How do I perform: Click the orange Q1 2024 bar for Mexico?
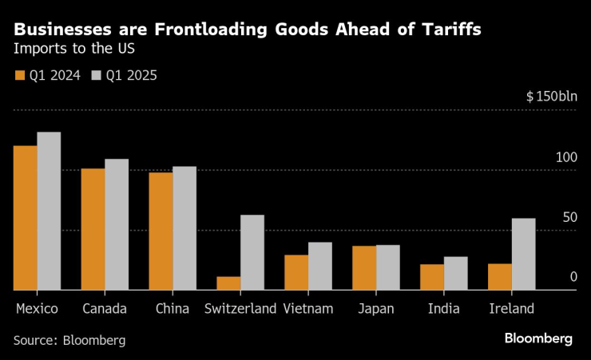click(25, 218)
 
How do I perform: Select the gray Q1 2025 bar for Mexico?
click(49, 211)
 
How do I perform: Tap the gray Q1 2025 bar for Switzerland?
click(252, 252)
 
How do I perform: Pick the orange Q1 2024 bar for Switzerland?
click(228, 283)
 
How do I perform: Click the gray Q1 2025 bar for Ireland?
click(524, 254)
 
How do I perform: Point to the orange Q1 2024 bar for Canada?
click(93, 229)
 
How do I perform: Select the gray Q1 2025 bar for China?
click(184, 228)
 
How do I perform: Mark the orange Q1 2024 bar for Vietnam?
click(296, 272)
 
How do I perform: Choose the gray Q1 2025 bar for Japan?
click(388, 267)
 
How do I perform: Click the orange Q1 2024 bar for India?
click(432, 277)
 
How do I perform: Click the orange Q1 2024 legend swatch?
click(19, 76)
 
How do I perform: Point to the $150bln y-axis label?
click(551, 97)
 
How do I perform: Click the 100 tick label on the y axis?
click(566, 157)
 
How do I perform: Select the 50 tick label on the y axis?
click(569, 217)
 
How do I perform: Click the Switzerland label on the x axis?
click(240, 309)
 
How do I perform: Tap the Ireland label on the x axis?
click(511, 309)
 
